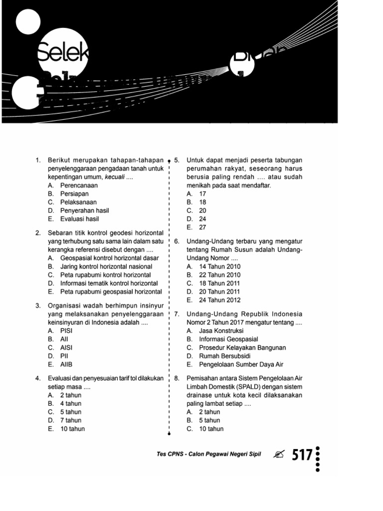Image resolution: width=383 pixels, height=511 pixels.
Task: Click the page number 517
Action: click(302, 455)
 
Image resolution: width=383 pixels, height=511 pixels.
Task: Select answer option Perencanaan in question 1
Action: click(79, 185)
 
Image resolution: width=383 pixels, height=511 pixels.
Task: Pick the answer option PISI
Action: click(67, 330)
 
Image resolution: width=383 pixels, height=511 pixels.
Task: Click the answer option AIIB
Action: click(67, 364)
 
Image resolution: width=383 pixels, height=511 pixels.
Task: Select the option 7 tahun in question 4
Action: click(70, 420)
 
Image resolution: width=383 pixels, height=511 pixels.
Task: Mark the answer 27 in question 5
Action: click(202, 227)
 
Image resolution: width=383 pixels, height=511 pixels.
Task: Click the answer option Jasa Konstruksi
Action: click(221, 330)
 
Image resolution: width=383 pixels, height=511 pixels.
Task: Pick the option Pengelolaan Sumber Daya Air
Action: click(241, 364)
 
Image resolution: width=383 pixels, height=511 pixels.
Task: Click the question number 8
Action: click(177, 378)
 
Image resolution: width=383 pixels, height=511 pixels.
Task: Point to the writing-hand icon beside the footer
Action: click(280, 455)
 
